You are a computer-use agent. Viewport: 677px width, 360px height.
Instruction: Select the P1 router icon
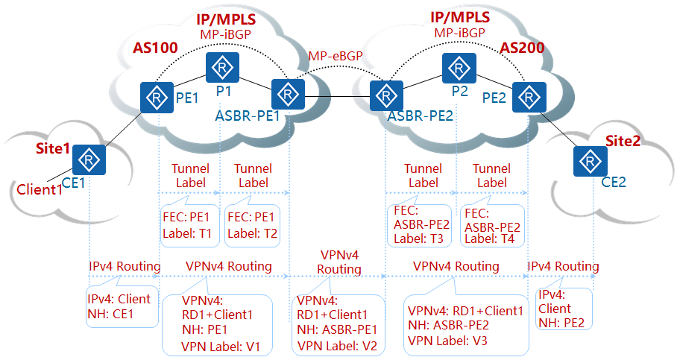click(x=223, y=68)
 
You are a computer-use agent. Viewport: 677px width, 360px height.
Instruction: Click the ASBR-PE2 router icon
click(x=385, y=95)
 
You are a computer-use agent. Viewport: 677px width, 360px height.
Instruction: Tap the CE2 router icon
click(x=589, y=161)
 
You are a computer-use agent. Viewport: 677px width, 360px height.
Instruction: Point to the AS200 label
click(x=521, y=48)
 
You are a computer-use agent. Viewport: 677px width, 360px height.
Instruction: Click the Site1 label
click(x=53, y=148)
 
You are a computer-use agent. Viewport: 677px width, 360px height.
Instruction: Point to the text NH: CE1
click(x=112, y=313)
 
